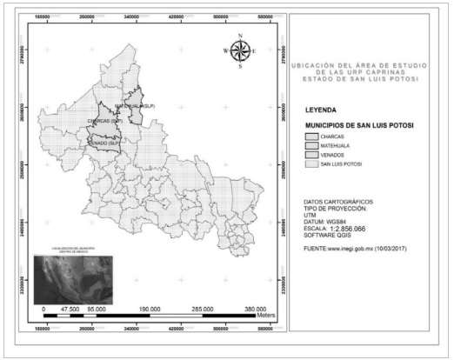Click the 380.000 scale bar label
click(x=257, y=309)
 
